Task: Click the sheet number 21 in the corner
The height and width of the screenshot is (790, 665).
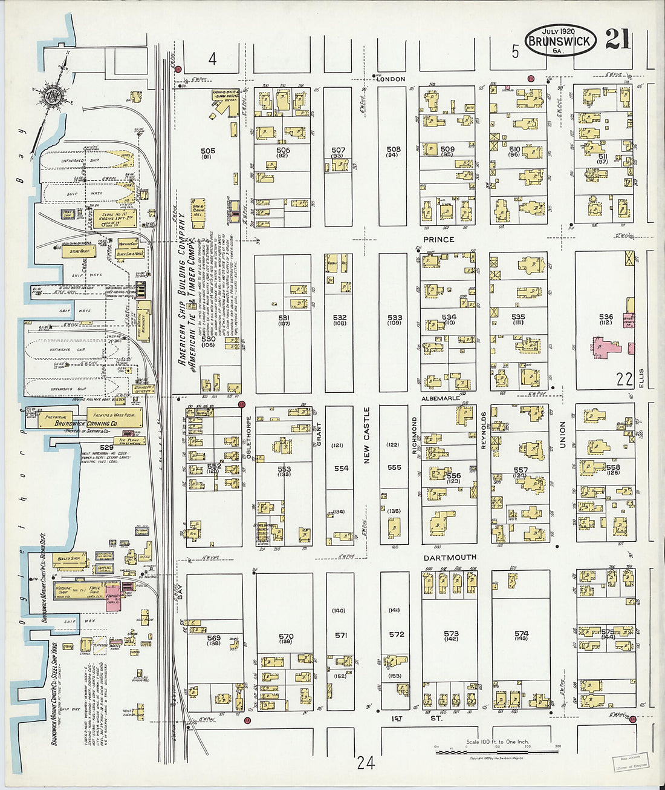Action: point(617,39)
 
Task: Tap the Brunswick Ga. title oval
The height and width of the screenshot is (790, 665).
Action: point(560,41)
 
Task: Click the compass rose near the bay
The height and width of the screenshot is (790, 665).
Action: point(50,96)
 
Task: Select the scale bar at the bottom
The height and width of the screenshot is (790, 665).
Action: point(496,751)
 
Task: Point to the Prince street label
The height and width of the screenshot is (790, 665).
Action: point(438,240)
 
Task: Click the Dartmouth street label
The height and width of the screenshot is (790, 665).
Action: point(449,557)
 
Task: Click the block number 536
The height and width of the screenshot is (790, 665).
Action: point(606,317)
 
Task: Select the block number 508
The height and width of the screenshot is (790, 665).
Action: point(394,149)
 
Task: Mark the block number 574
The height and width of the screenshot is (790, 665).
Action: point(521,634)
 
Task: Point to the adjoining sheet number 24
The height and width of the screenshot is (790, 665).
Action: point(365,763)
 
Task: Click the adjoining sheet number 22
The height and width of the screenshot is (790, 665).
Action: point(624,380)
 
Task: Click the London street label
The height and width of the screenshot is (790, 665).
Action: point(390,79)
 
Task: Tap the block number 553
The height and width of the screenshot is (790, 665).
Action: point(284,469)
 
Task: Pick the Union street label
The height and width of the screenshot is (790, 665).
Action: point(562,435)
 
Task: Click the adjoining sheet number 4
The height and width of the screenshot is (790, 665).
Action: point(212,59)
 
